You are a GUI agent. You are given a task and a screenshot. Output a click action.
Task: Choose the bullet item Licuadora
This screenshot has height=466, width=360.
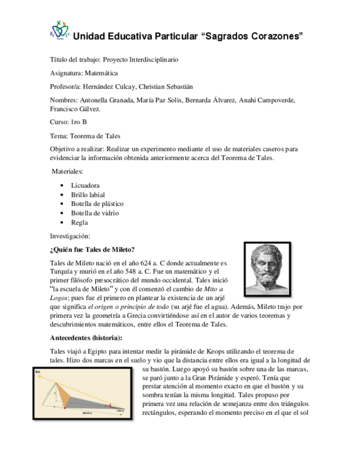click(x=85, y=186)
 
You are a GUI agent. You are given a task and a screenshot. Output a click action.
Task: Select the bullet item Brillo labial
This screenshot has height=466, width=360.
click(x=88, y=195)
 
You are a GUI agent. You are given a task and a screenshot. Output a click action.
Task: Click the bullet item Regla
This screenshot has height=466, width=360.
click(x=79, y=223)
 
